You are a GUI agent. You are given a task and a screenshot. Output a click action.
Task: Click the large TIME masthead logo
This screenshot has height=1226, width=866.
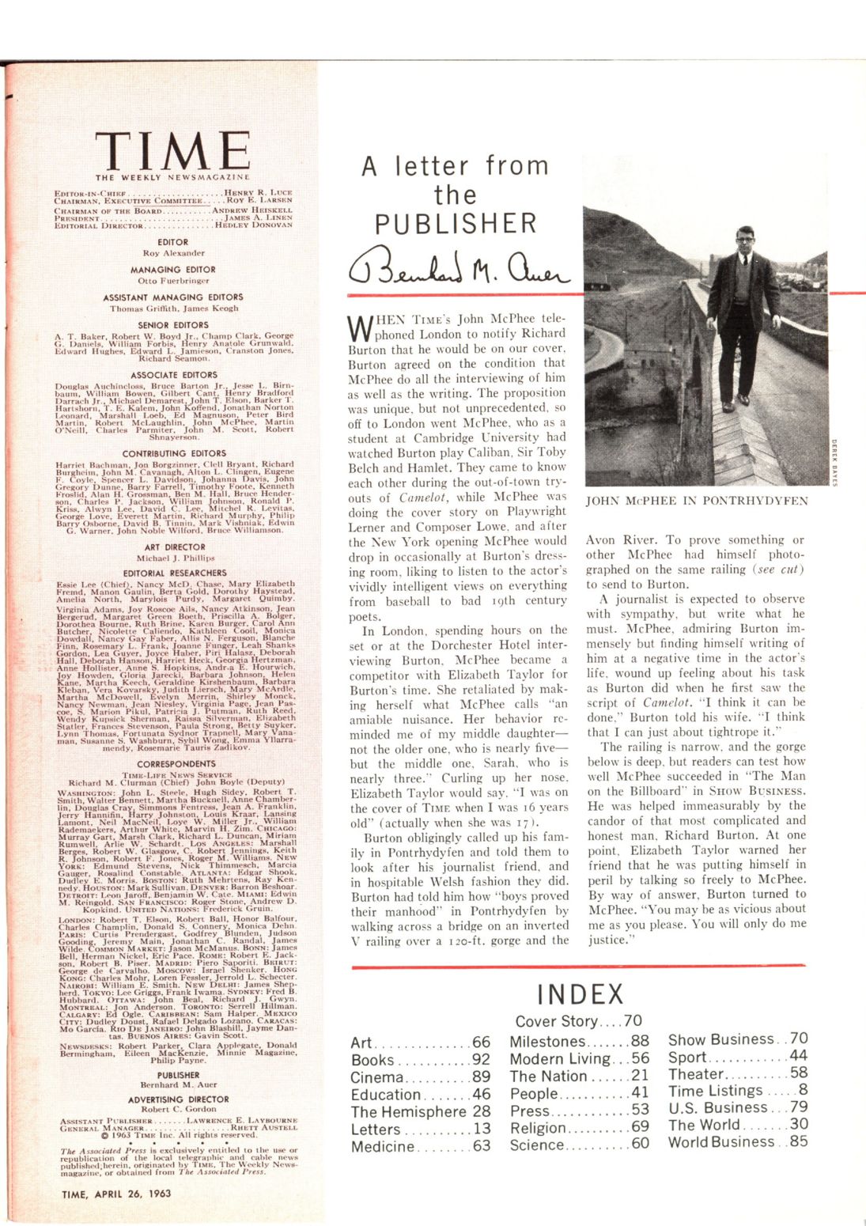[172, 151]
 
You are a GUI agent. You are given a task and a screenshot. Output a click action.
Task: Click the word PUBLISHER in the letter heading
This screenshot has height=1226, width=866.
[456, 224]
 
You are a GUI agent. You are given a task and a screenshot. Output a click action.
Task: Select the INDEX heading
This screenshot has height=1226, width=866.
[580, 994]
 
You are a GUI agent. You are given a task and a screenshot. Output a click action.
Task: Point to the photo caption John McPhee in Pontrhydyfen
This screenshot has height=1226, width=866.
[697, 501]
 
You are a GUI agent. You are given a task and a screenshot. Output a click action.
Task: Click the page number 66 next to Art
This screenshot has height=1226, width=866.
[481, 1043]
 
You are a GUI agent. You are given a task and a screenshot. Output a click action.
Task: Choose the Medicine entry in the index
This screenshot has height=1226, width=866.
[382, 1146]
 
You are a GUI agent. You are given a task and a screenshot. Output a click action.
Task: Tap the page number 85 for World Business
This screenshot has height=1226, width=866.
[799, 1141]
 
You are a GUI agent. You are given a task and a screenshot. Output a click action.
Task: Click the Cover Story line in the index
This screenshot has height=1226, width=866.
[578, 1021]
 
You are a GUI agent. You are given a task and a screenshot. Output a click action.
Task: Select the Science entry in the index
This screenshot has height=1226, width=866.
[537, 1145]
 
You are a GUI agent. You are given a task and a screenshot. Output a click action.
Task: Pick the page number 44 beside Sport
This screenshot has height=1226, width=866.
[799, 1056]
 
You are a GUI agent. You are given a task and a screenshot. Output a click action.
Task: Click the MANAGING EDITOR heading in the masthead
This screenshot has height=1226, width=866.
[172, 270]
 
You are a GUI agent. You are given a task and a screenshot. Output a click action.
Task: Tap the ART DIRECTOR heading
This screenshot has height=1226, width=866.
[172, 547]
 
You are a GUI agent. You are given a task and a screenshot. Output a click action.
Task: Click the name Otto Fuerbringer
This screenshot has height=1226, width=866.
[172, 280]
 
